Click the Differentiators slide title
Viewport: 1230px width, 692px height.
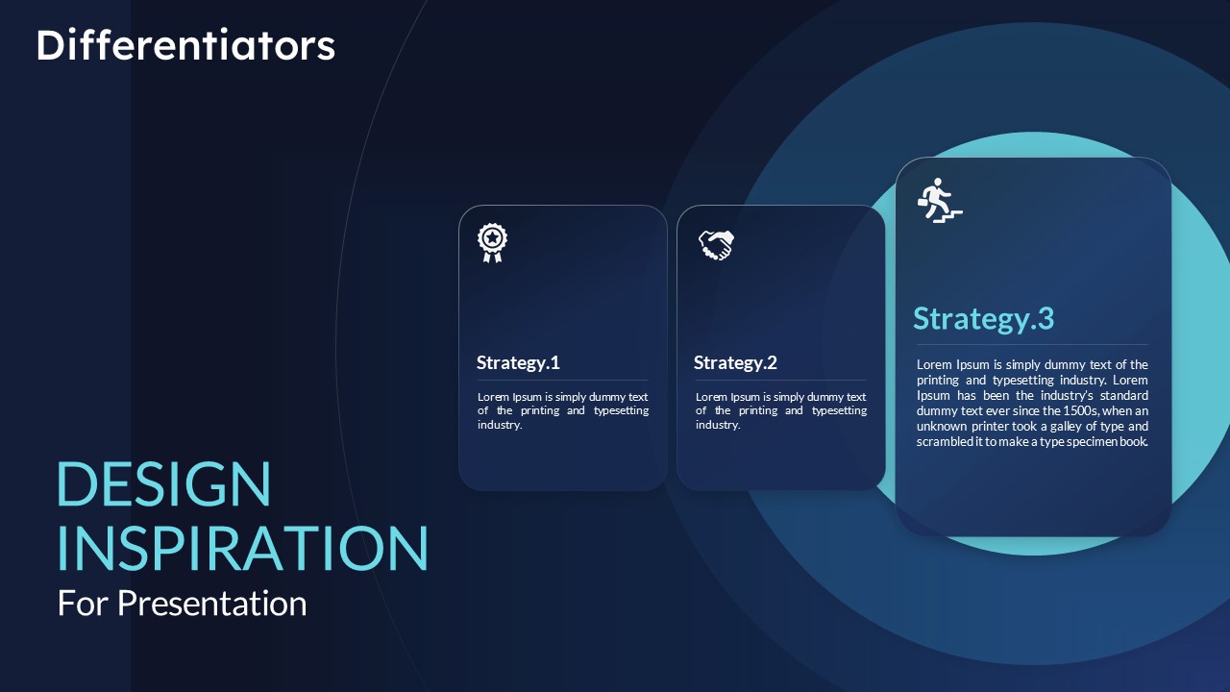185,45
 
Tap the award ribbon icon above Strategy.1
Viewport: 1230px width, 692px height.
492,243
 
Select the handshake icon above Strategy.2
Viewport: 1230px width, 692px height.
716,245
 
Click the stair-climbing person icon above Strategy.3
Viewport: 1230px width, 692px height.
940,200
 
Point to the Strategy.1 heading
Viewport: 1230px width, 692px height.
518,363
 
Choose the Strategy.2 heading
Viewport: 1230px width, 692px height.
735,363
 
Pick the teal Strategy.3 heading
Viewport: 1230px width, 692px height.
983,319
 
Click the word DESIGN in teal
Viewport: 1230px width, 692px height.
163,483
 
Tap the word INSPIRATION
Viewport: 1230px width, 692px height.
242,548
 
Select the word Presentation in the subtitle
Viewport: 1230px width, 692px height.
212,604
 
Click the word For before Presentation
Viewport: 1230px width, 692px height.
83,604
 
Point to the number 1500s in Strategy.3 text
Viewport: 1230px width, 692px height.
1081,410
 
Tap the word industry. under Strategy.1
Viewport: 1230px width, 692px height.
499,425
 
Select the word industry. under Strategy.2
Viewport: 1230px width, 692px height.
718,425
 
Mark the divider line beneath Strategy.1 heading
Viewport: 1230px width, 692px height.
562,380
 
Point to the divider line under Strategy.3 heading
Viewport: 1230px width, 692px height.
1032,345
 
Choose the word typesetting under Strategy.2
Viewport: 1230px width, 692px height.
840,410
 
